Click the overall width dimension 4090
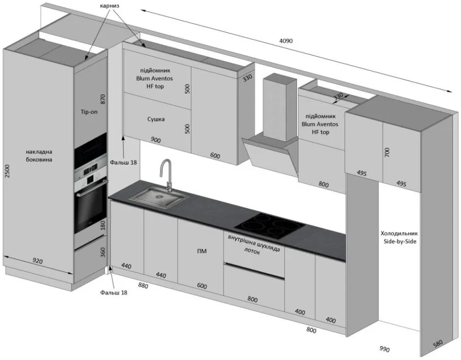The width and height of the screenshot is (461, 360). click(x=286, y=41)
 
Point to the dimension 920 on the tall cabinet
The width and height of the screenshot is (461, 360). click(x=38, y=261)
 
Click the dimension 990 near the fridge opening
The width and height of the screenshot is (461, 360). click(x=384, y=349)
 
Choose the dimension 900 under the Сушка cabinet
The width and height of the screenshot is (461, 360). click(x=156, y=140)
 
